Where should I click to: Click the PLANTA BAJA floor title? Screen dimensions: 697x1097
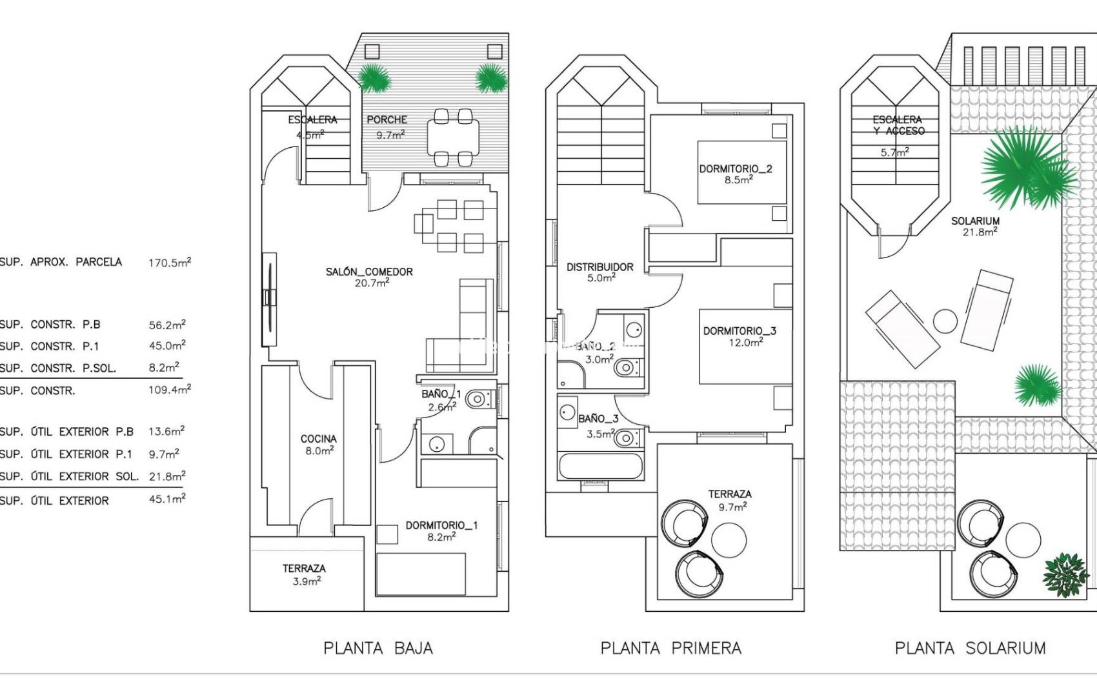coord(378,648)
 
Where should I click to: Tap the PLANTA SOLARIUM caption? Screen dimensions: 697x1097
coord(970,648)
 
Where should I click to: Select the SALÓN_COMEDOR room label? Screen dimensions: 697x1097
coord(369,272)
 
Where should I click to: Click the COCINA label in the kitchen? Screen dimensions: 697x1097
coord(319,439)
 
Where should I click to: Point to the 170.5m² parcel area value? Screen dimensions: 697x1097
coord(169,262)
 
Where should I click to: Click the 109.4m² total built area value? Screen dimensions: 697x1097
coord(169,390)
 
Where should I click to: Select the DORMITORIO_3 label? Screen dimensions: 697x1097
coord(740,331)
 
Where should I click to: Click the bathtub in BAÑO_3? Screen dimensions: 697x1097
coord(601,466)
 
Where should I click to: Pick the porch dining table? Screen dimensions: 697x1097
coord(453,137)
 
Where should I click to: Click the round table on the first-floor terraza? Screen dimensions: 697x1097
coord(729,540)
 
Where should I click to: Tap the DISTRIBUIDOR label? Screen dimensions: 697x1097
coord(599,267)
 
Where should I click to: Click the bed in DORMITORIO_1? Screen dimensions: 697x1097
coord(421,574)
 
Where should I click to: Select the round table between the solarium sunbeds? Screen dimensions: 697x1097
coord(945,321)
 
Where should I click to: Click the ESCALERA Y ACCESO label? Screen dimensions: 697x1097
coord(898,125)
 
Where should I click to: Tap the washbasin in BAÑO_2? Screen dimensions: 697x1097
coord(634,329)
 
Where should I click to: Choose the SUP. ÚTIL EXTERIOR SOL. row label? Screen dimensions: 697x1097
coord(69,476)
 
